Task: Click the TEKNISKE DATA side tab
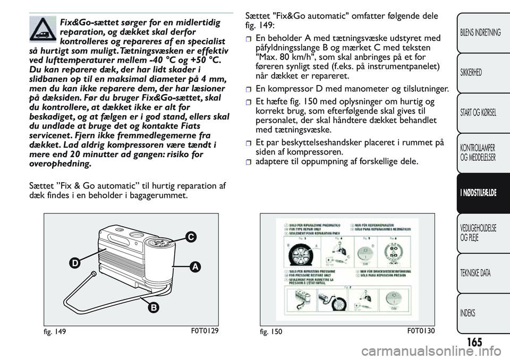point(476,273)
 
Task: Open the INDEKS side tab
point(470,313)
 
